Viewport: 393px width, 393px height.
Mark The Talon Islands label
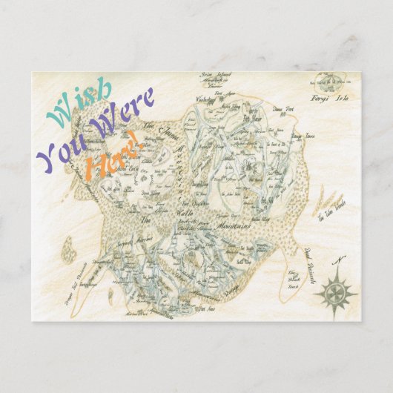tap(330, 215)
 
